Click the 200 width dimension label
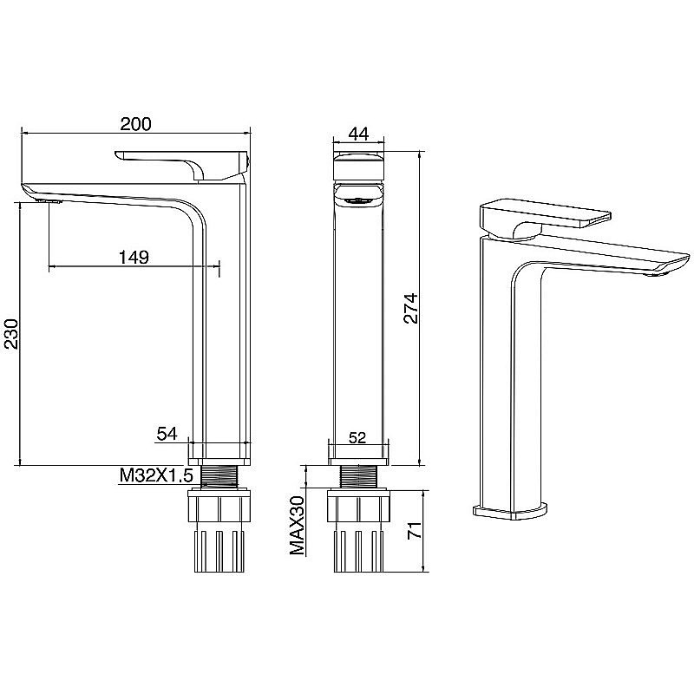coord(135,124)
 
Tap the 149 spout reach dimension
coord(134,257)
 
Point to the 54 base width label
coord(167,434)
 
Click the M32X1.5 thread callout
coord(157,475)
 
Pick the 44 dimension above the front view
coord(358,134)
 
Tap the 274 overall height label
coord(410,308)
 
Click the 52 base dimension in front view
coord(357,438)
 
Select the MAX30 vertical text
coord(298,526)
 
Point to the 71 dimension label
coord(415,530)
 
